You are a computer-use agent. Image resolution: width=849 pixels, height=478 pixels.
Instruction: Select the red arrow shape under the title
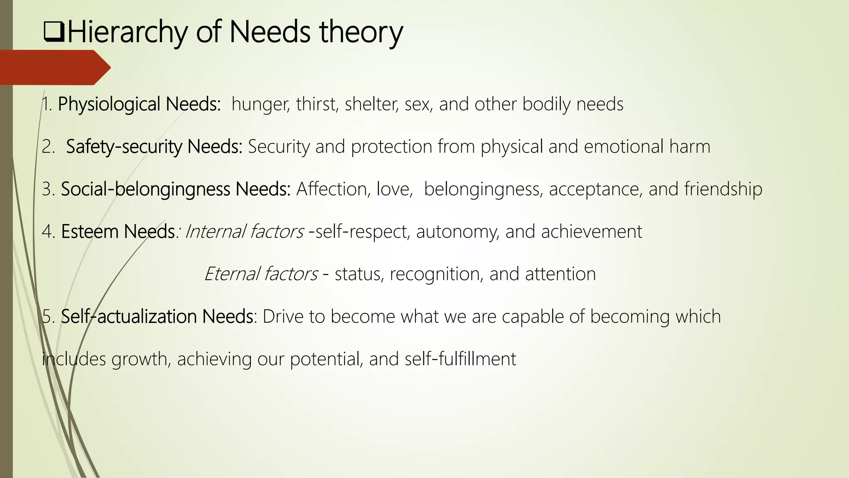pyautogui.click(x=54, y=67)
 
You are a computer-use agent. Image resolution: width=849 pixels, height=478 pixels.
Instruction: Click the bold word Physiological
pyautogui.click(x=109, y=104)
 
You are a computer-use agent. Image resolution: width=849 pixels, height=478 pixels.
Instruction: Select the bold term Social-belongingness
pyautogui.click(x=146, y=189)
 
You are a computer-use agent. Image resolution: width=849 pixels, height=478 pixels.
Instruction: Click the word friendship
pyautogui.click(x=723, y=189)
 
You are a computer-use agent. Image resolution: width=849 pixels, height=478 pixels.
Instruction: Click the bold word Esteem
pyautogui.click(x=90, y=231)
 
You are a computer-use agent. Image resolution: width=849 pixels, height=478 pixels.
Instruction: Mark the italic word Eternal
pyautogui.click(x=232, y=274)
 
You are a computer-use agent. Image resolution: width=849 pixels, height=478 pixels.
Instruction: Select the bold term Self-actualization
pyautogui.click(x=129, y=316)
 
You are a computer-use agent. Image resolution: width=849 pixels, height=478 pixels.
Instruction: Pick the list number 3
pyautogui.click(x=47, y=189)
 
